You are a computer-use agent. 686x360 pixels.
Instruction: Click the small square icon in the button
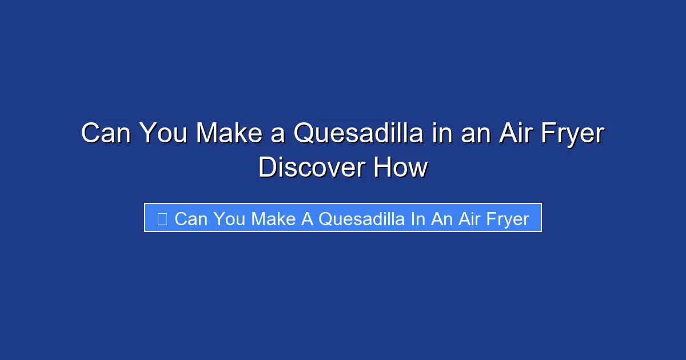(162, 219)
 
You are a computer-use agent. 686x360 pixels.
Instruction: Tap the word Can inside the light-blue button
(191, 219)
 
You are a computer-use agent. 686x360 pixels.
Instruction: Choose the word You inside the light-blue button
(230, 219)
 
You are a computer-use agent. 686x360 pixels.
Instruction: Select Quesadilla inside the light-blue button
(361, 219)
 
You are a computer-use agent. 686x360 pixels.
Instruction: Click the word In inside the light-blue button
(417, 219)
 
